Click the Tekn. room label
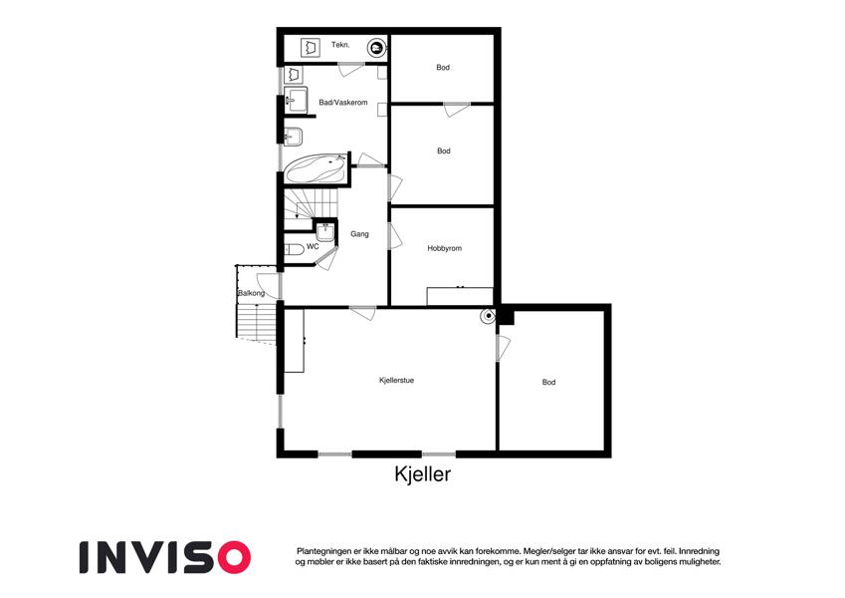[340, 45]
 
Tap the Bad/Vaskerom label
[343, 102]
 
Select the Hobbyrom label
[445, 248]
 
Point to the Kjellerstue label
[397, 381]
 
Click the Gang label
[359, 234]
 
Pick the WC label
[313, 246]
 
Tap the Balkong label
[251, 294]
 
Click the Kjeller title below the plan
[422, 474]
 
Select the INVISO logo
[165, 557]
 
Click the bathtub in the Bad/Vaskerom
[316, 168]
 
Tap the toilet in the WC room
[295, 250]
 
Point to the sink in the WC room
[325, 232]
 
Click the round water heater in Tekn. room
[376, 48]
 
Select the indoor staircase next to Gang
[311, 203]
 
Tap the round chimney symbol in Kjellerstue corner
[489, 316]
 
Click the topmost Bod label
[443, 68]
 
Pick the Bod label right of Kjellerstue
[548, 382]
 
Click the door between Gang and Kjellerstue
[362, 313]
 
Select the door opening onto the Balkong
[269, 286]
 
